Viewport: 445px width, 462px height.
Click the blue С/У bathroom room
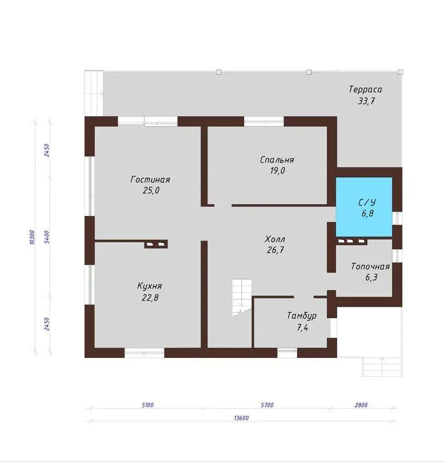364,207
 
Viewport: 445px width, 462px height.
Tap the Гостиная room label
150,179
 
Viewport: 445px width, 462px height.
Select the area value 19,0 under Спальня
278,170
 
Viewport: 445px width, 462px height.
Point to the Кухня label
150,286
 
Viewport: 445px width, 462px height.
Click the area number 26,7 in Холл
275,250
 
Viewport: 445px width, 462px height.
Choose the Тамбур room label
302,316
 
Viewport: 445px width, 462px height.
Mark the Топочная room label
370,267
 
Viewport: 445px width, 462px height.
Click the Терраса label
365,89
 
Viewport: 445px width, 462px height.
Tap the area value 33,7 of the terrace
367,101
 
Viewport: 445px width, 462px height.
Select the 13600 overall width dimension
241,418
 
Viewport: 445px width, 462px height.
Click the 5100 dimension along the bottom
147,405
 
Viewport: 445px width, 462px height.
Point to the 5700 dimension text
267,405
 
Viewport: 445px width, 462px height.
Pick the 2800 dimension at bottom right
361,405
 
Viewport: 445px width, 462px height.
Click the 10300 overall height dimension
32,237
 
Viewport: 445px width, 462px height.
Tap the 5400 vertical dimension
47,237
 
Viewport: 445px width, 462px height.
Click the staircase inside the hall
241,298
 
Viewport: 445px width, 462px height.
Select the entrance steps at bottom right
382,367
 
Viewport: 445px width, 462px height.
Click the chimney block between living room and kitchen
156,244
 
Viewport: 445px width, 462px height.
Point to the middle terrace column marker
309,72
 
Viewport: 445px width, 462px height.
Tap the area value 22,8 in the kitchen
150,298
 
